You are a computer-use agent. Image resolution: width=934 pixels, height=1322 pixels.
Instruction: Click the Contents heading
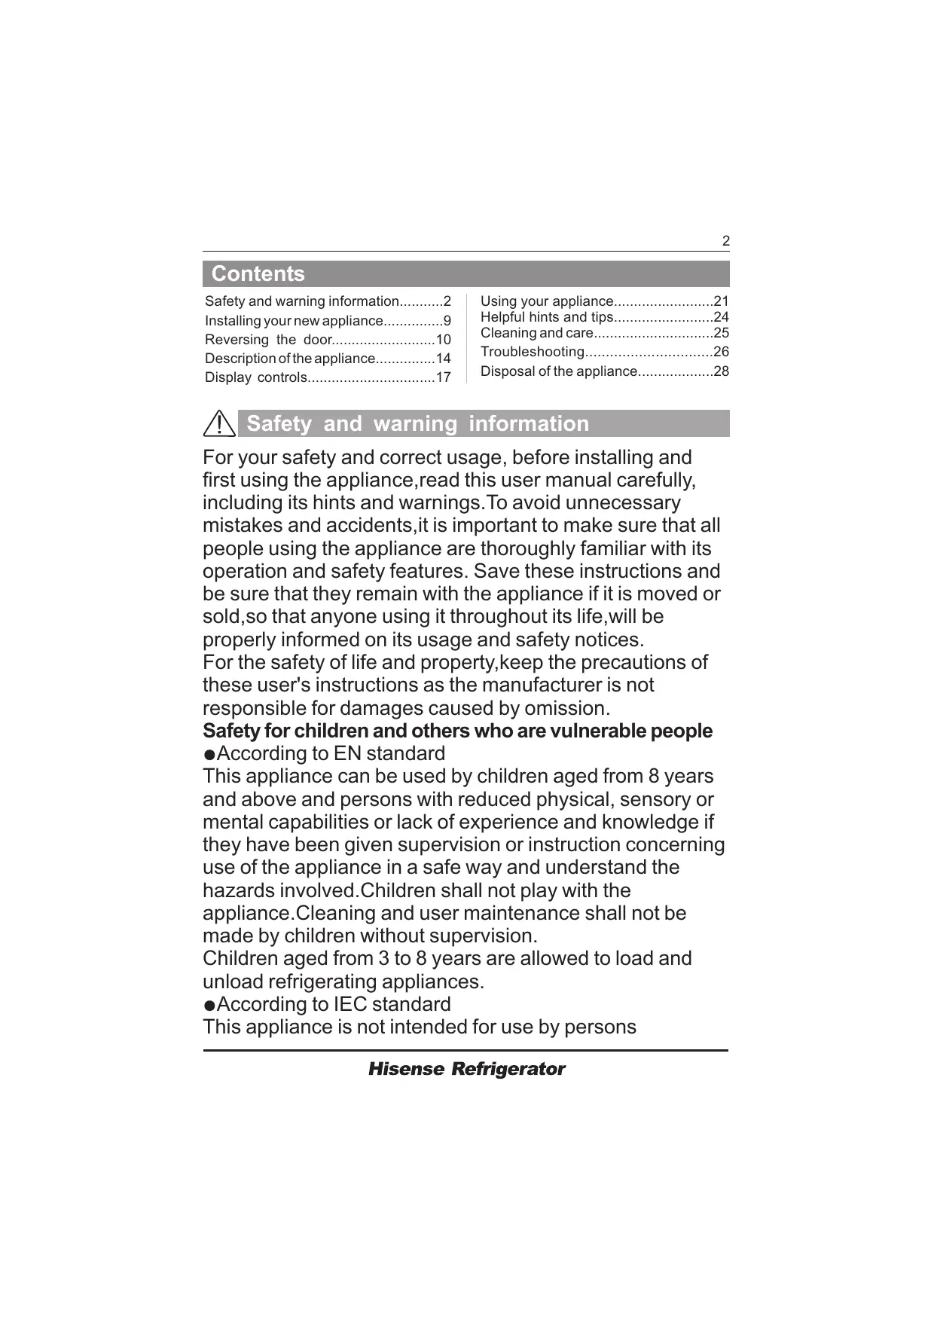pos(258,273)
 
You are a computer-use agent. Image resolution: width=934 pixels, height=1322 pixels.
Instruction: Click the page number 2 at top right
pos(725,242)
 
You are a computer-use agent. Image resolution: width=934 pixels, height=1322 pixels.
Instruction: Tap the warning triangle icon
pos(219,423)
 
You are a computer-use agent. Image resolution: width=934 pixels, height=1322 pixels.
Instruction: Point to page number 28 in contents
pos(721,371)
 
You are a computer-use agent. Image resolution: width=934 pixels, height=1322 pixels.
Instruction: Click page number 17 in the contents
pos(443,377)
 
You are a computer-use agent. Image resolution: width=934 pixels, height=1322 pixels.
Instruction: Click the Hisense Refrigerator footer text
pos(466,1069)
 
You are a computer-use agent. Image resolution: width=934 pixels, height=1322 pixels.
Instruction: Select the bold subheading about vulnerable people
pos(457,731)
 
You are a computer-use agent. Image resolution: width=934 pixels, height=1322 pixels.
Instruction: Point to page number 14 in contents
pos(443,359)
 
